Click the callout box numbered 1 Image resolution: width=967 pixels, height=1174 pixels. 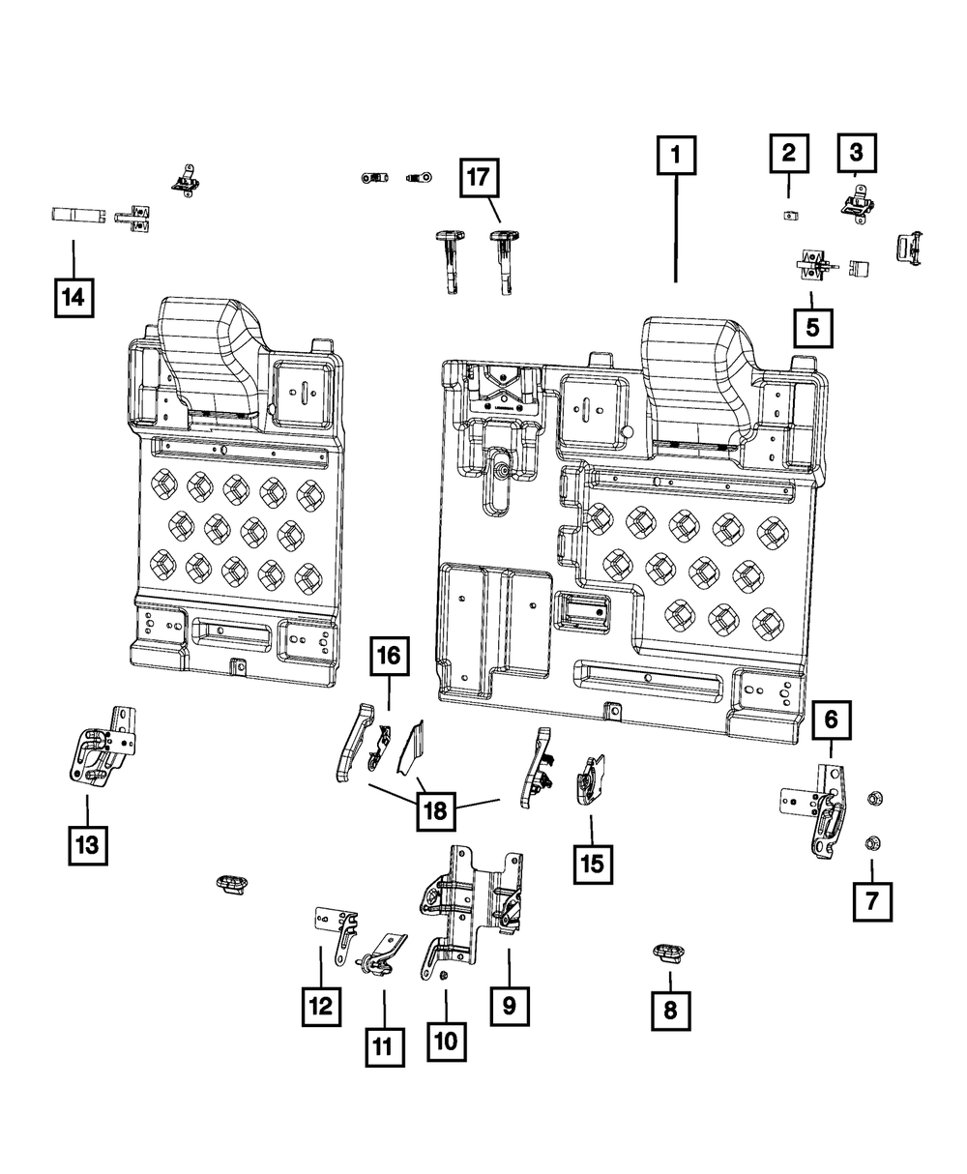click(x=676, y=154)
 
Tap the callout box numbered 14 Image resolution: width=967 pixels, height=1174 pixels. click(x=73, y=298)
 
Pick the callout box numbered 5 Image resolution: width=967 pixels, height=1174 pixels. click(x=811, y=327)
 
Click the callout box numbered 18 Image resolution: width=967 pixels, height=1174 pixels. click(x=435, y=810)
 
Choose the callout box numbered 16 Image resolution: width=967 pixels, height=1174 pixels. click(x=388, y=657)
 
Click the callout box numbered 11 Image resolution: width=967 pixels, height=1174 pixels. click(x=384, y=1045)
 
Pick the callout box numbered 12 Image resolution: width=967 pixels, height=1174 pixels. click(x=321, y=1006)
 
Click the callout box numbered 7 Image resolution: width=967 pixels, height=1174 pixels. click(x=871, y=901)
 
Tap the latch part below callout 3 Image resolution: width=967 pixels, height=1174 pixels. click(x=855, y=204)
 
